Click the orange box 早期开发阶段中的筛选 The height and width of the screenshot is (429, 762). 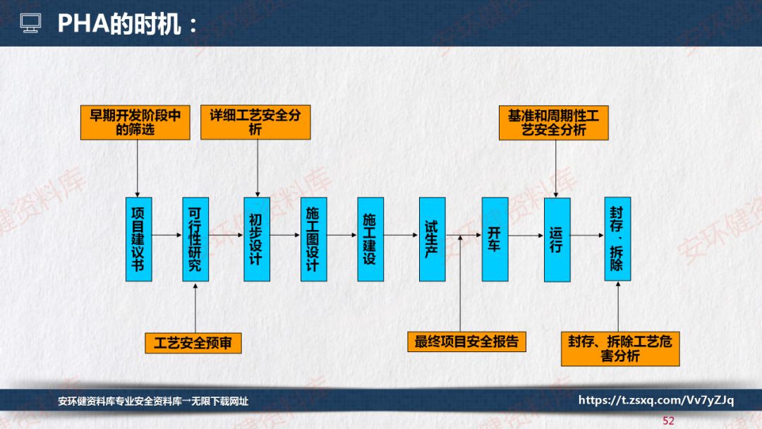(x=135, y=122)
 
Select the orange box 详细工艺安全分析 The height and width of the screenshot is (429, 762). (x=255, y=122)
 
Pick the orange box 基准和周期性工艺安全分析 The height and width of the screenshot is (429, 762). (x=553, y=122)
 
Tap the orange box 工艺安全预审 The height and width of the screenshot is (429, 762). (x=193, y=343)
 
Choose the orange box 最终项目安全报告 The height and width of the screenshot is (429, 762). (x=466, y=342)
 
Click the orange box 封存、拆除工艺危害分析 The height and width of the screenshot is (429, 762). (x=620, y=349)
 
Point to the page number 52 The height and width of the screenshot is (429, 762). (x=668, y=421)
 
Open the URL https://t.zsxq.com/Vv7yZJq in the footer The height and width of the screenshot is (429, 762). (x=656, y=401)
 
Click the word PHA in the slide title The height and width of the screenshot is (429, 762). (x=81, y=25)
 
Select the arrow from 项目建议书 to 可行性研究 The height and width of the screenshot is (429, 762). (x=167, y=235)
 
